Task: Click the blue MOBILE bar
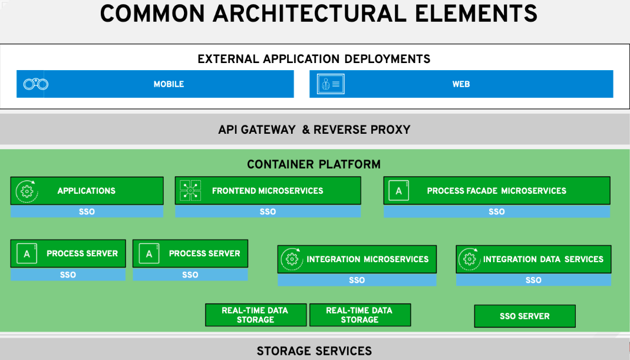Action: tap(169, 84)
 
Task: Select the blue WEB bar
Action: tap(461, 84)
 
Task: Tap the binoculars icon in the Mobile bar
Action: tap(35, 84)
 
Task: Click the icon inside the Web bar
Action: tap(331, 84)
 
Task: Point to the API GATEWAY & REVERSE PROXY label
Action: tap(314, 130)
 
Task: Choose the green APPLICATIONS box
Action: tap(87, 191)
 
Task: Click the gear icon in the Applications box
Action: tap(27, 191)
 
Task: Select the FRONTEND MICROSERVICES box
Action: tap(268, 191)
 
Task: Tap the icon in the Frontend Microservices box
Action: tap(190, 191)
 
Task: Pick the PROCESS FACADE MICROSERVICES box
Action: tap(496, 191)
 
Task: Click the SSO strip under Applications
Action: tap(87, 212)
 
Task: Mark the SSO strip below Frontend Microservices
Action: tap(268, 212)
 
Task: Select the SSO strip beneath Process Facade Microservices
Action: tap(496, 212)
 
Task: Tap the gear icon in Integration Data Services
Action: tap(469, 259)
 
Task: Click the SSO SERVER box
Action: tap(525, 316)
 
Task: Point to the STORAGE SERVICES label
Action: tap(314, 351)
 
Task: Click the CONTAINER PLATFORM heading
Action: tap(314, 164)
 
